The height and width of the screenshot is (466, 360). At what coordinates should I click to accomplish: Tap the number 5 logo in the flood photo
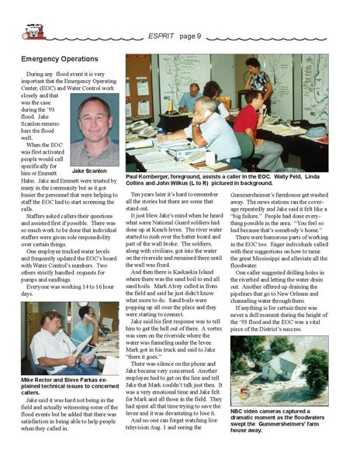pyautogui.click(x=241, y=392)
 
